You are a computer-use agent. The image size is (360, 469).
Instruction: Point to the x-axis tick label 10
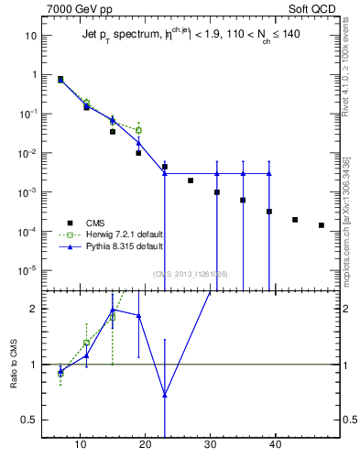(80, 446)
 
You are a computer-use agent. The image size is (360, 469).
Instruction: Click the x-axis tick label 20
(145, 446)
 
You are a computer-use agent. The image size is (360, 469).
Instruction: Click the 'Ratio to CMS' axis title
(15, 364)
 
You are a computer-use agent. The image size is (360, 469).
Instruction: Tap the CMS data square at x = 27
(191, 180)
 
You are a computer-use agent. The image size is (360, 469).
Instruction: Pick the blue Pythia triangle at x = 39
(269, 173)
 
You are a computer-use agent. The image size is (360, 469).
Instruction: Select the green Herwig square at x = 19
(138, 130)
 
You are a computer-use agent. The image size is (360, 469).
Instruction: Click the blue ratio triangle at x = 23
(165, 396)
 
